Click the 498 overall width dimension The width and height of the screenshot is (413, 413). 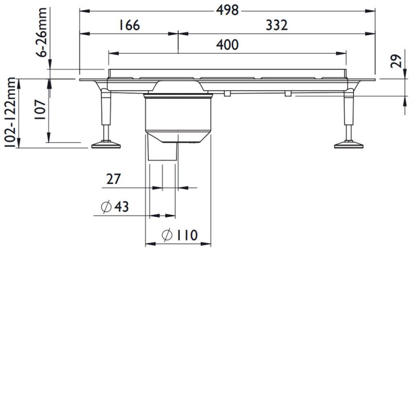228,10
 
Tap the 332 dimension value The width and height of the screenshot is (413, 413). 276,26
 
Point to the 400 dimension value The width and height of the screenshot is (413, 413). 228,45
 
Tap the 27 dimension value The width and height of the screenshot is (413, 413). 114,179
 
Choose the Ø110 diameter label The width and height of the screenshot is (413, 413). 179,235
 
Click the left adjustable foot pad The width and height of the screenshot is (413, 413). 106,145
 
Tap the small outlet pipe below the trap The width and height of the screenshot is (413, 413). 162,150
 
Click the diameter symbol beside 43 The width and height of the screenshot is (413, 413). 105,207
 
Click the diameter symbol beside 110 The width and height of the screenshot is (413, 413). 166,235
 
